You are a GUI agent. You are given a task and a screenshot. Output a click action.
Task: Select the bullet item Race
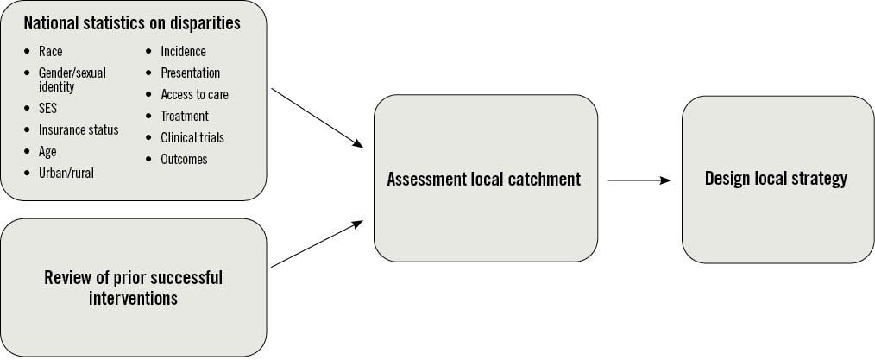click(x=50, y=52)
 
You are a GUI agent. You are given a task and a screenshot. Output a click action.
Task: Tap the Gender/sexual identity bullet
click(x=72, y=79)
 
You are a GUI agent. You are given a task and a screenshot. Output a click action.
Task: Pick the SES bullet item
click(x=49, y=109)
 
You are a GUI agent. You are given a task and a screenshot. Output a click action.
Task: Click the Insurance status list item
click(x=79, y=129)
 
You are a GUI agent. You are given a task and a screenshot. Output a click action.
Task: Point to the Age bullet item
click(x=47, y=151)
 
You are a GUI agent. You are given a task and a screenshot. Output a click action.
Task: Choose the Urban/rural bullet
click(x=66, y=173)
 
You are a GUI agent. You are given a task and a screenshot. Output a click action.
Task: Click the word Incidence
click(x=183, y=52)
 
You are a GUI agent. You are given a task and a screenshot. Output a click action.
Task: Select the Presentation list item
click(x=190, y=73)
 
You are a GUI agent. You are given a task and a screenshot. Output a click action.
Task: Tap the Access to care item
click(x=194, y=94)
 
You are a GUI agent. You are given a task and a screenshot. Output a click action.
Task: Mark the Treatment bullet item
click(x=184, y=116)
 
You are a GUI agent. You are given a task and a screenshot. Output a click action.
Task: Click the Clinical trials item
click(x=192, y=137)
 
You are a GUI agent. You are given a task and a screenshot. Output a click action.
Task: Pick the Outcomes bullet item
click(x=184, y=159)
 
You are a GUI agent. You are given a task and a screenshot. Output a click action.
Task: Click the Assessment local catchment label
click(x=484, y=180)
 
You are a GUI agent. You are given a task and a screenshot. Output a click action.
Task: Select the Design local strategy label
click(x=776, y=179)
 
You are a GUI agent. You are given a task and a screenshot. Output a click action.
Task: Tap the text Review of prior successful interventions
click(x=133, y=287)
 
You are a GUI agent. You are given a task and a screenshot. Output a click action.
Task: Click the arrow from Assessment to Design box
click(x=639, y=180)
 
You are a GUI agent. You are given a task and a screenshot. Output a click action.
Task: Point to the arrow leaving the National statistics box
click(x=317, y=117)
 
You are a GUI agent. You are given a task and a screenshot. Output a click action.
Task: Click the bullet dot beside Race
click(x=28, y=52)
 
